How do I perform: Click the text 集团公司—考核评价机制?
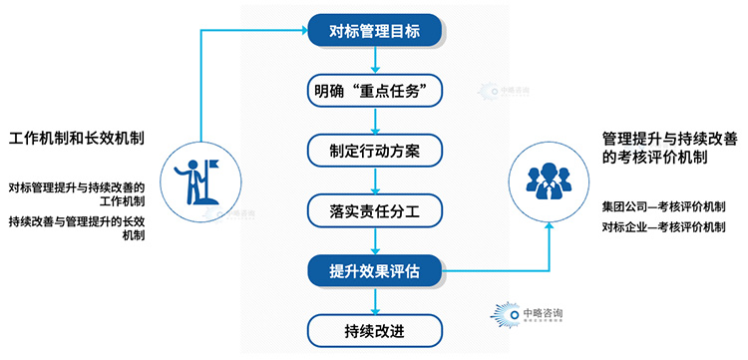point(663,206)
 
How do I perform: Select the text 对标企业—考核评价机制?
point(663,227)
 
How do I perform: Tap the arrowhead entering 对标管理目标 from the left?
point(303,31)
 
